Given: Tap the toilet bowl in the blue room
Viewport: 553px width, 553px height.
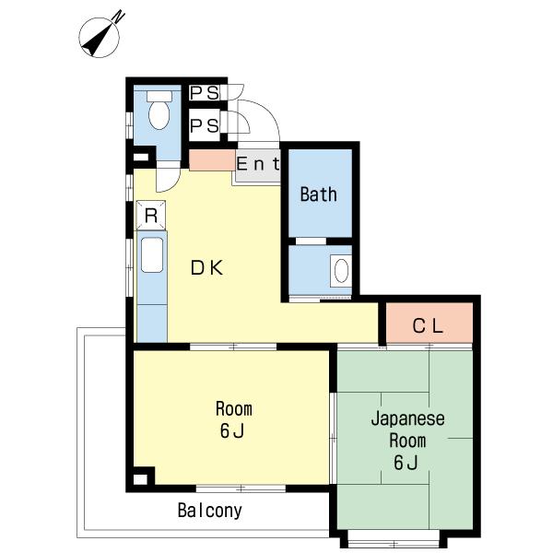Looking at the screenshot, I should point(160,116).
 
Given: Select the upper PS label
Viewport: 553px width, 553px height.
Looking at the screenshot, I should point(205,93).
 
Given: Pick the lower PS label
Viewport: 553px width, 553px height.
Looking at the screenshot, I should point(205,126).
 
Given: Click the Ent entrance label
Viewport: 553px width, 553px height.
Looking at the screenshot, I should point(257,165).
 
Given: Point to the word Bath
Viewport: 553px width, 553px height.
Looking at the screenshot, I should point(319,194).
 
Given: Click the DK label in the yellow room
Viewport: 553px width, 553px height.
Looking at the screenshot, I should point(207,268).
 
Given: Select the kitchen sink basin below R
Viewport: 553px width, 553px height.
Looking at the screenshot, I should point(150,253).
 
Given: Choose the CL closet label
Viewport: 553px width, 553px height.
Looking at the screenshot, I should point(428,325).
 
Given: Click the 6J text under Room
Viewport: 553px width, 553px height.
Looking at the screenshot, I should point(232,430).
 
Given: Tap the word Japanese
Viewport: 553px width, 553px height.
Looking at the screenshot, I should point(407,419).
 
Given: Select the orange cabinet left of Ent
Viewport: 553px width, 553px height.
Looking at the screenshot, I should point(211,159).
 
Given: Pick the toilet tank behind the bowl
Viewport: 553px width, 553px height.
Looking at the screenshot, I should point(160,95).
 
